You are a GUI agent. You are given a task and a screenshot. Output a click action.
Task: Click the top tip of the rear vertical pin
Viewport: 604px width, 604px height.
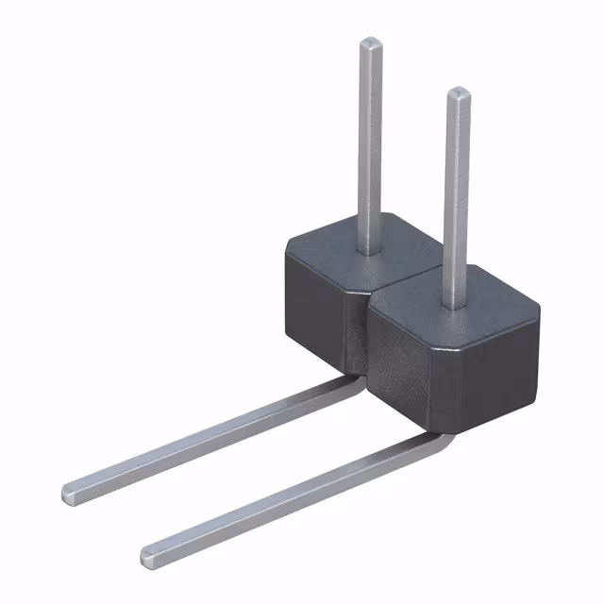point(371,42)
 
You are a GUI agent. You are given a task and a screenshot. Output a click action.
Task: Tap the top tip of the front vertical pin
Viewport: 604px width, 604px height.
point(458,92)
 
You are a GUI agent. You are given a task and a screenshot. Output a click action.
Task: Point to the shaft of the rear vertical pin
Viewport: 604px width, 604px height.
point(370,142)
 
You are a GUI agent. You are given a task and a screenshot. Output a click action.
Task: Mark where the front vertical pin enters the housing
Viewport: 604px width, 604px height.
point(454,304)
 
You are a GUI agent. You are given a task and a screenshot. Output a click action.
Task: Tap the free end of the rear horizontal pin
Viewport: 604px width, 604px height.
point(71,492)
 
